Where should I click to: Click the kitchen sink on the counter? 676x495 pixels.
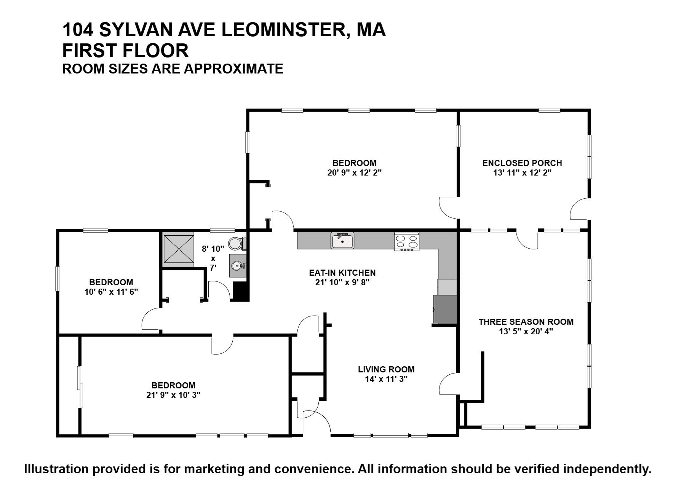click(x=342, y=241)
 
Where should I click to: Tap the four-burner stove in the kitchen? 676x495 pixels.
click(x=407, y=241)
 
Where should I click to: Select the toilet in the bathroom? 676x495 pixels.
click(x=236, y=243)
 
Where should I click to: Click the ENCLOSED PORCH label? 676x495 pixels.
click(x=522, y=163)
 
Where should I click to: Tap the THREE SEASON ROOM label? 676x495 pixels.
click(x=526, y=322)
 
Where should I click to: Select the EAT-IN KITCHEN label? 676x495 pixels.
click(x=342, y=273)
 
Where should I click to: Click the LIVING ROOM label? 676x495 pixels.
click(x=386, y=369)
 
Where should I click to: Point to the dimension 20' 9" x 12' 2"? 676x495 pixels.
click(x=354, y=172)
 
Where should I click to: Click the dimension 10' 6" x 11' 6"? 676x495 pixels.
click(x=111, y=292)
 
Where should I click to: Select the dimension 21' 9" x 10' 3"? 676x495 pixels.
click(x=173, y=395)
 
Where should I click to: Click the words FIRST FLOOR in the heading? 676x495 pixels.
click(x=125, y=51)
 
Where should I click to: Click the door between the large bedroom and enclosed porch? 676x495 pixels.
click(x=449, y=208)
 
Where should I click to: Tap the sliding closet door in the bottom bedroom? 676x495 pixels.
click(x=80, y=387)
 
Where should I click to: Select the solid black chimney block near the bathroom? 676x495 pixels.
click(x=241, y=292)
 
